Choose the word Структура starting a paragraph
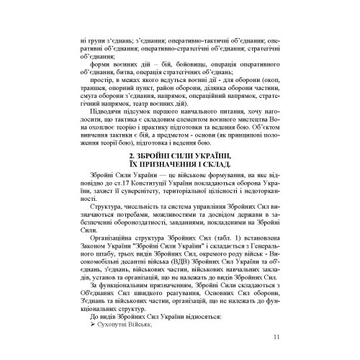click(x=107, y=213)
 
